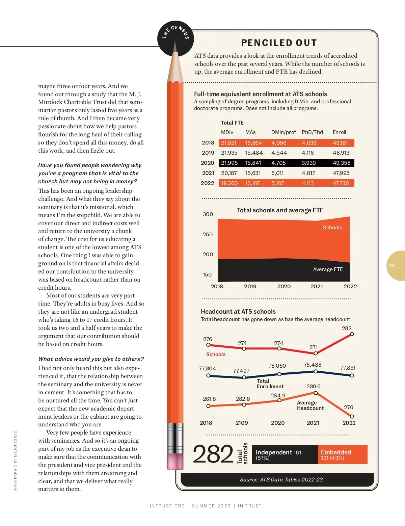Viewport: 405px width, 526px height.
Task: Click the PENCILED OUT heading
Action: pos(279,43)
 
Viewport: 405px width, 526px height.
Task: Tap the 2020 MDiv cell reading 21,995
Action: pos(229,163)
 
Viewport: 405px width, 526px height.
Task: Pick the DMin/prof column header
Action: pos(283,132)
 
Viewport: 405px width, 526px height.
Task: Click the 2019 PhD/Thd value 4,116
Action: pos(307,153)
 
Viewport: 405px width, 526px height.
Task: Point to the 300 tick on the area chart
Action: pos(208,214)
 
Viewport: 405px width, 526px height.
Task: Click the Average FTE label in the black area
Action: pos(328,269)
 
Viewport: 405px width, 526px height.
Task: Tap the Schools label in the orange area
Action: pos(332,228)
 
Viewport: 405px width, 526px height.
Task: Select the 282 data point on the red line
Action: pos(352,334)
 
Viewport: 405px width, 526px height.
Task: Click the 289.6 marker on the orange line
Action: pos(316,393)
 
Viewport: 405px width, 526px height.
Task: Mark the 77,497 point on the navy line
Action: pos(244,377)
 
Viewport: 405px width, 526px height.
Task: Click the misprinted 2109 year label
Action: pos(242,423)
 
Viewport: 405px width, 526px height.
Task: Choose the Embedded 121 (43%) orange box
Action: pos(342,454)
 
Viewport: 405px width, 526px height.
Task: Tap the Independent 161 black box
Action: pos(284,454)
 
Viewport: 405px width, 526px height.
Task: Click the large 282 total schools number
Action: pos(213,454)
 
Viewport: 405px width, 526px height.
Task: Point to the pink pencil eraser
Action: pos(175,461)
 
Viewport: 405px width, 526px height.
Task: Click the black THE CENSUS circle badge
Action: pos(175,38)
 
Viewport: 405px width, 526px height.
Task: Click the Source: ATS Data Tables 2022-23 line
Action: pos(281,480)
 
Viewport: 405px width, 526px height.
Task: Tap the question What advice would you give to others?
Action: pos(91,359)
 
